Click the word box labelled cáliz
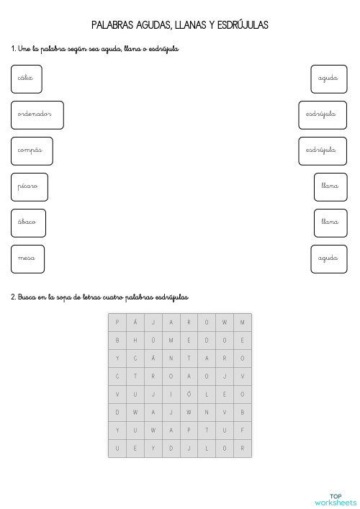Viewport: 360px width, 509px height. click(26, 78)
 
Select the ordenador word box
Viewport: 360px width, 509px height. click(37, 114)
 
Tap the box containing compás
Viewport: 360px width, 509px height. click(32, 150)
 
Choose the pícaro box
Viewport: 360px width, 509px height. click(29, 186)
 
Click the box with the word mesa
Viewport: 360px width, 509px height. click(27, 258)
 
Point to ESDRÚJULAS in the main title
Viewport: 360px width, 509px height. click(241, 25)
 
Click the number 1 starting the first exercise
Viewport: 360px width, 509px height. click(13, 49)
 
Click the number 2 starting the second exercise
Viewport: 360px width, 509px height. click(13, 297)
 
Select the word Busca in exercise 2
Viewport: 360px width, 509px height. click(28, 297)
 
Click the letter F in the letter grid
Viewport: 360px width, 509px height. click(243, 431)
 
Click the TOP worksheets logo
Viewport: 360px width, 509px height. click(335, 500)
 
